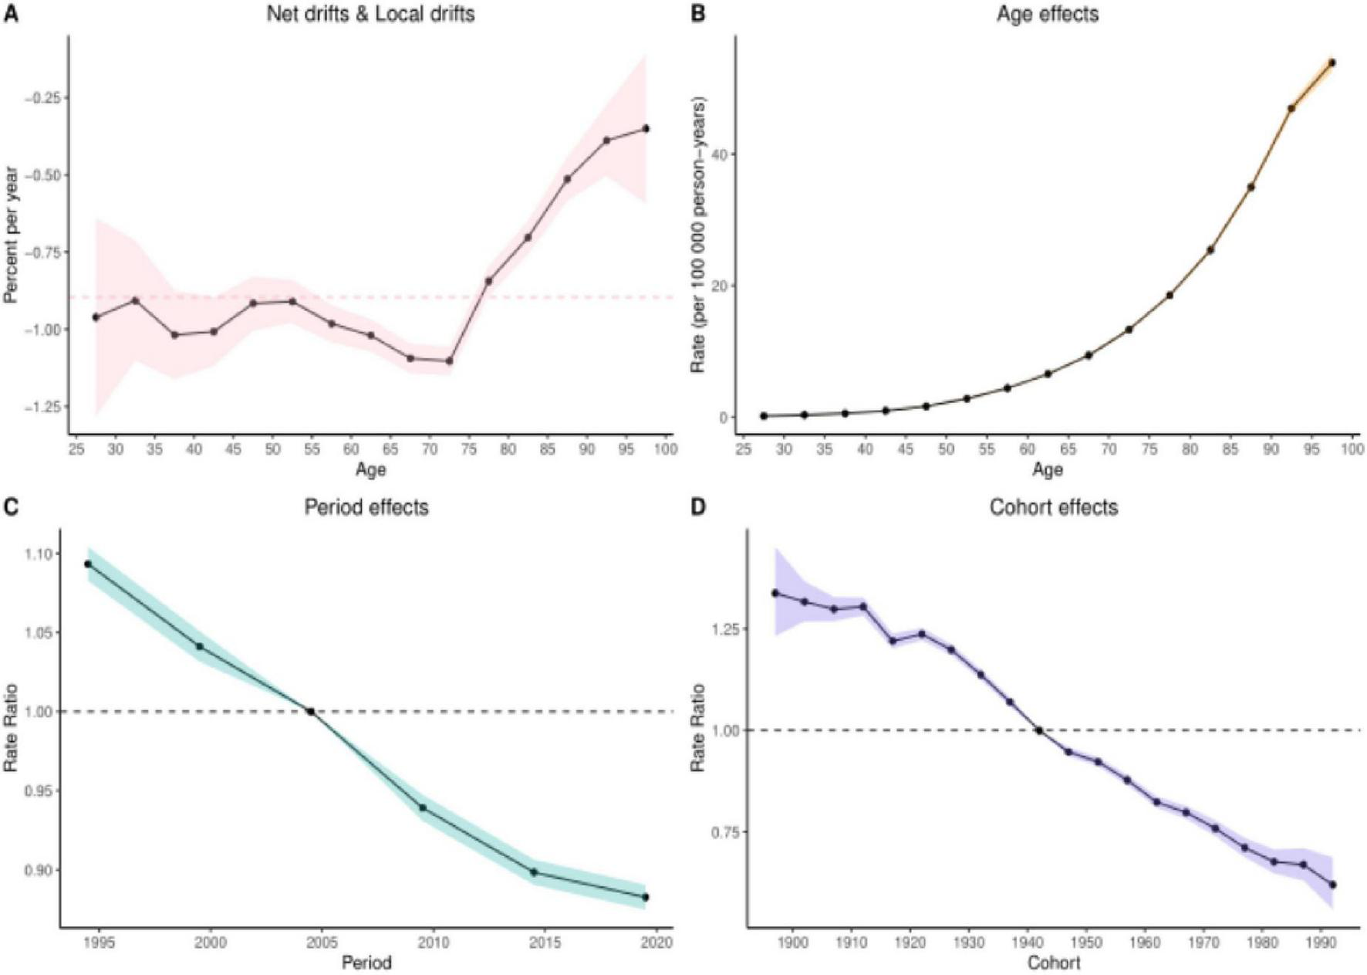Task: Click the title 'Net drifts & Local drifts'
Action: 370,14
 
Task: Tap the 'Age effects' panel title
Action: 1047,14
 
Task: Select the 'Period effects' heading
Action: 366,507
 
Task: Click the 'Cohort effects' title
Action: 1053,507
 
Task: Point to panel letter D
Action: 697,507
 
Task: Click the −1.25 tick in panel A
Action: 45,407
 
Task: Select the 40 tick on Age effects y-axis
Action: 719,154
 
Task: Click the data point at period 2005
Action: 311,712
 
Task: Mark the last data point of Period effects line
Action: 646,897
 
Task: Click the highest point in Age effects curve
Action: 1332,63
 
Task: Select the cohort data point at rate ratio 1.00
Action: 1039,730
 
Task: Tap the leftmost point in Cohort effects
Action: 775,593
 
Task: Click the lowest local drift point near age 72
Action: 450,361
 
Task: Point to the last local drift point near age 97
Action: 646,129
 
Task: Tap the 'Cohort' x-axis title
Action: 1053,963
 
